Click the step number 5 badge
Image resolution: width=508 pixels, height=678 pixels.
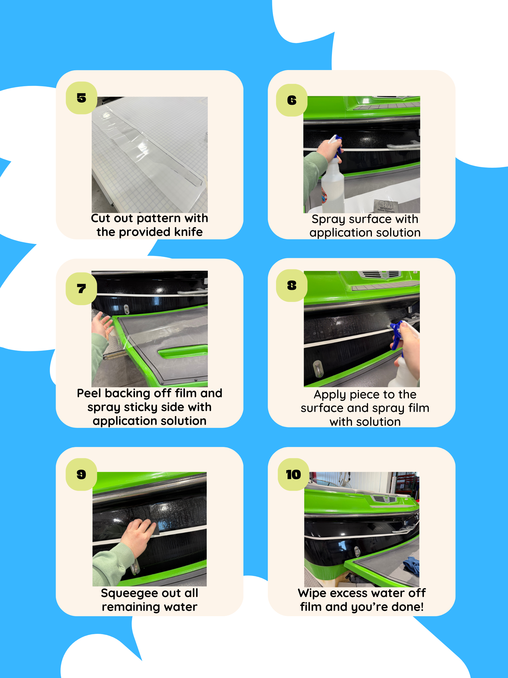click(81, 98)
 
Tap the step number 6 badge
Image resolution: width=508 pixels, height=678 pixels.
click(292, 100)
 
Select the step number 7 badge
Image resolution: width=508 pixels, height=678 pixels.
click(81, 289)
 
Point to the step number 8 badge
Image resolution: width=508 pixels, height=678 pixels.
click(292, 286)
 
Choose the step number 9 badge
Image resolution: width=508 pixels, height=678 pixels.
click(81, 474)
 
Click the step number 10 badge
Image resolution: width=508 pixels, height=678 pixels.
click(293, 474)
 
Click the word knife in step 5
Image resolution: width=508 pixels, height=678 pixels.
click(188, 232)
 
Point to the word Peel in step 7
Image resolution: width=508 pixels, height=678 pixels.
click(89, 393)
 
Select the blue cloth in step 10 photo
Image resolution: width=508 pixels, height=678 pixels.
click(411, 566)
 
